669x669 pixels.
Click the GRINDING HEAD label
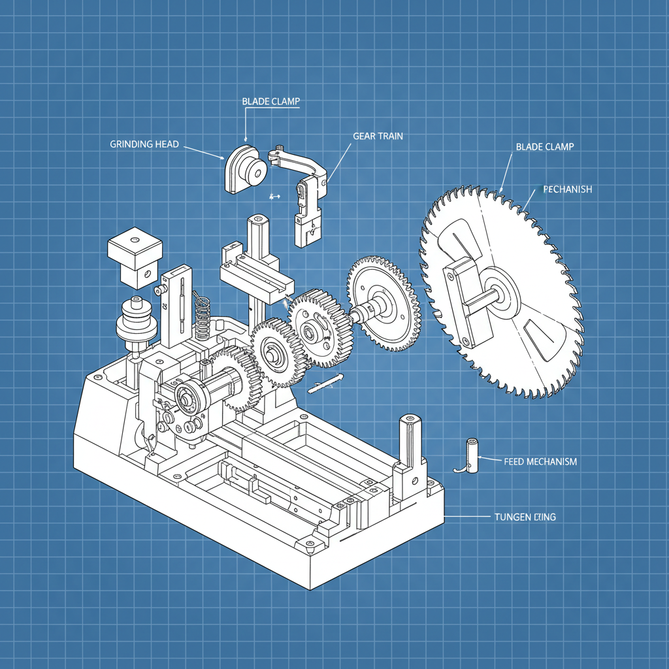pos(144,144)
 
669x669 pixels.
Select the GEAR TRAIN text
pos(378,136)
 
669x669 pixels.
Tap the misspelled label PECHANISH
pos(567,189)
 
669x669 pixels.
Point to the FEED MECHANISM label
pos(540,461)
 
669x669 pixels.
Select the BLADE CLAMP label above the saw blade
pos(544,147)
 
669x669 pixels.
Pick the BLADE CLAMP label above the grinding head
pos(270,101)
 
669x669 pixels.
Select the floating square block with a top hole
pos(135,255)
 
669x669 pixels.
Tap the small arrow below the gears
pos(324,383)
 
